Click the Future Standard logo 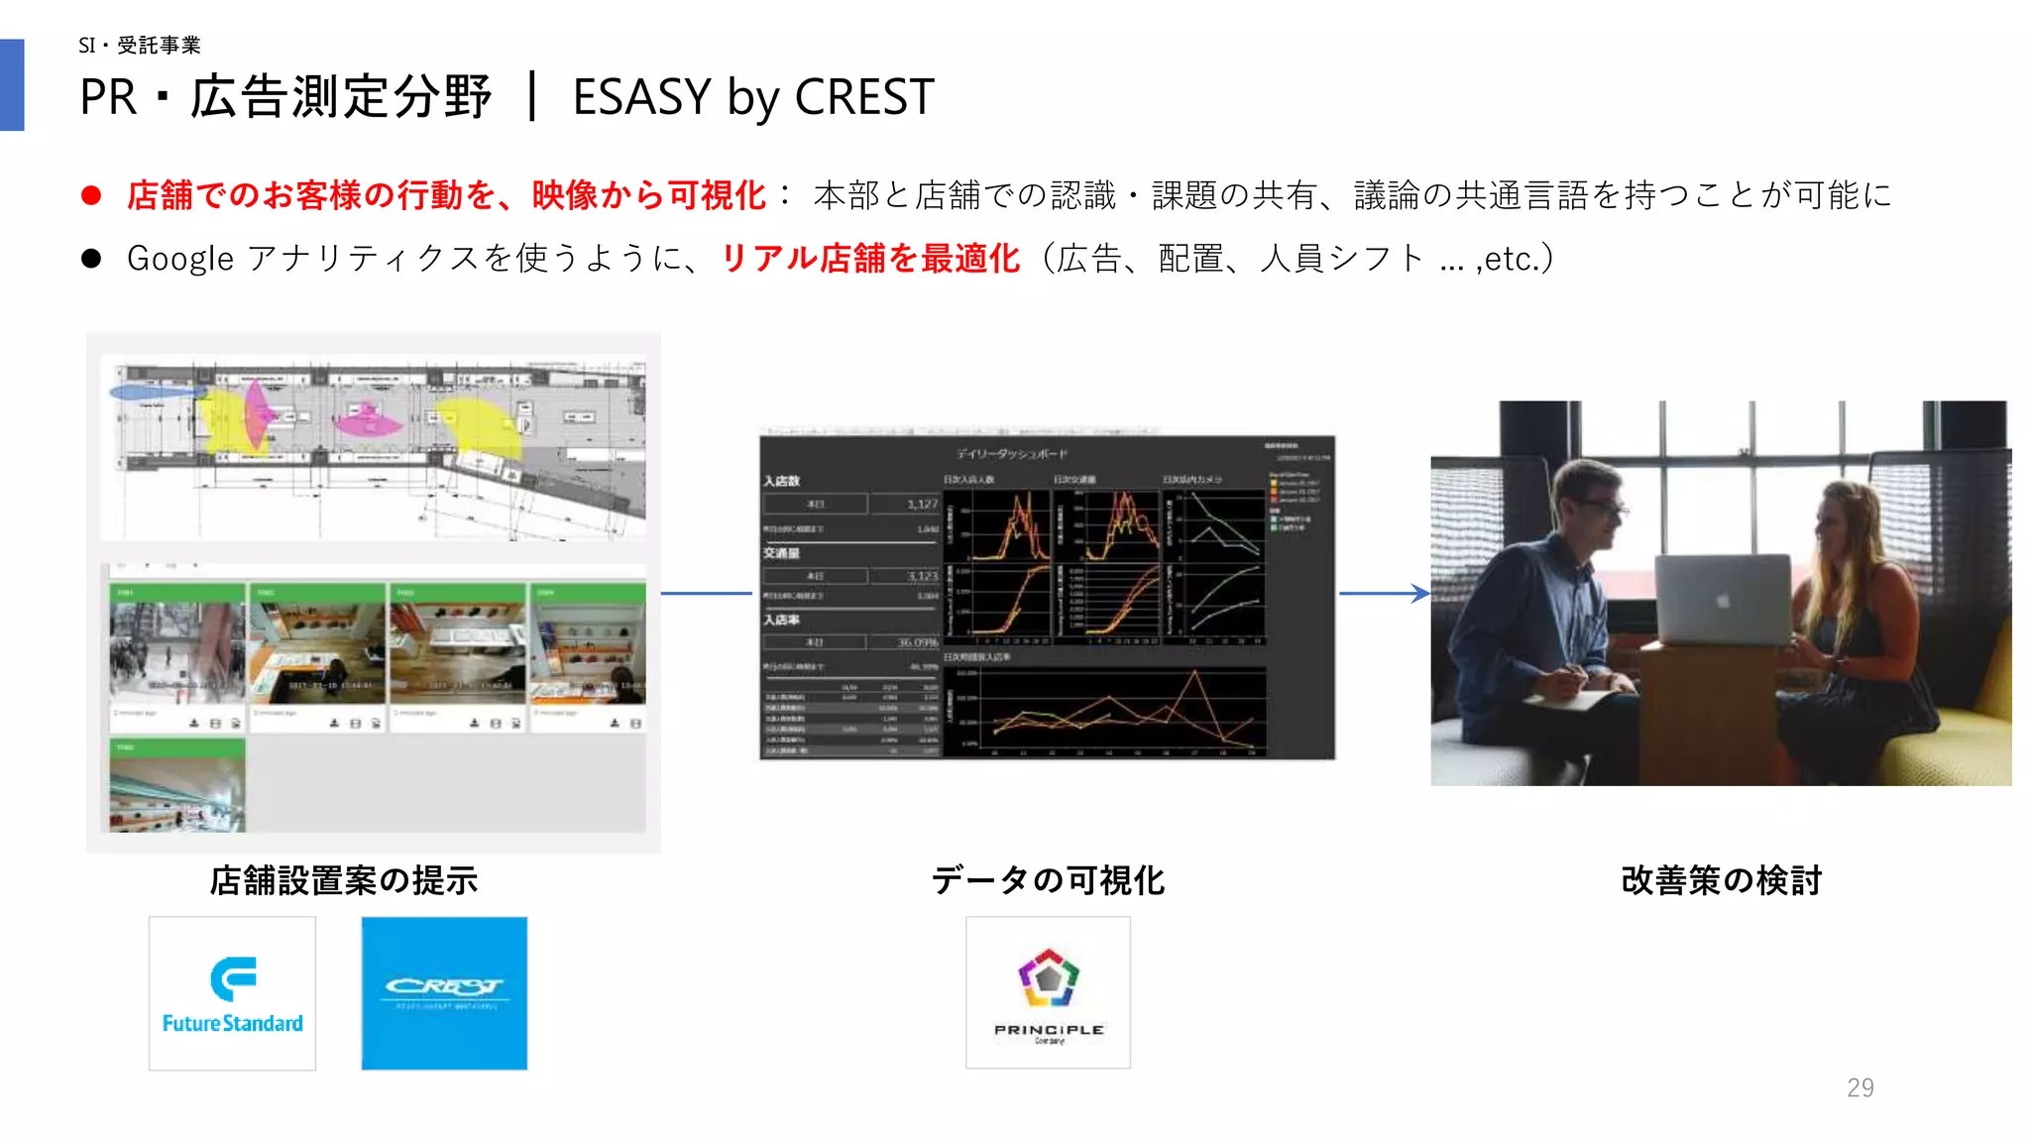point(232,993)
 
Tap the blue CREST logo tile point(444,993)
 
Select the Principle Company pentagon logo point(1048,992)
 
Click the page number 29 point(1860,1087)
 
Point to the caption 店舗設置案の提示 point(343,880)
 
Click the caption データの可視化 point(1048,880)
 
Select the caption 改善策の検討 point(1721,880)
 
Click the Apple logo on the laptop point(1723,601)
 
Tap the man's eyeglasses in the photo point(1601,508)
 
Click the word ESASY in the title point(641,97)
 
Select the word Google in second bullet point(180,259)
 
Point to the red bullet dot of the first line point(91,195)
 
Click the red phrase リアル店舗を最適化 point(869,259)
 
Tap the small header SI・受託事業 point(140,45)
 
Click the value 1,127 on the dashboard point(922,504)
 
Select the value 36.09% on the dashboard point(917,642)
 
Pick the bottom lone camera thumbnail point(177,785)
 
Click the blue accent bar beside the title point(12,85)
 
